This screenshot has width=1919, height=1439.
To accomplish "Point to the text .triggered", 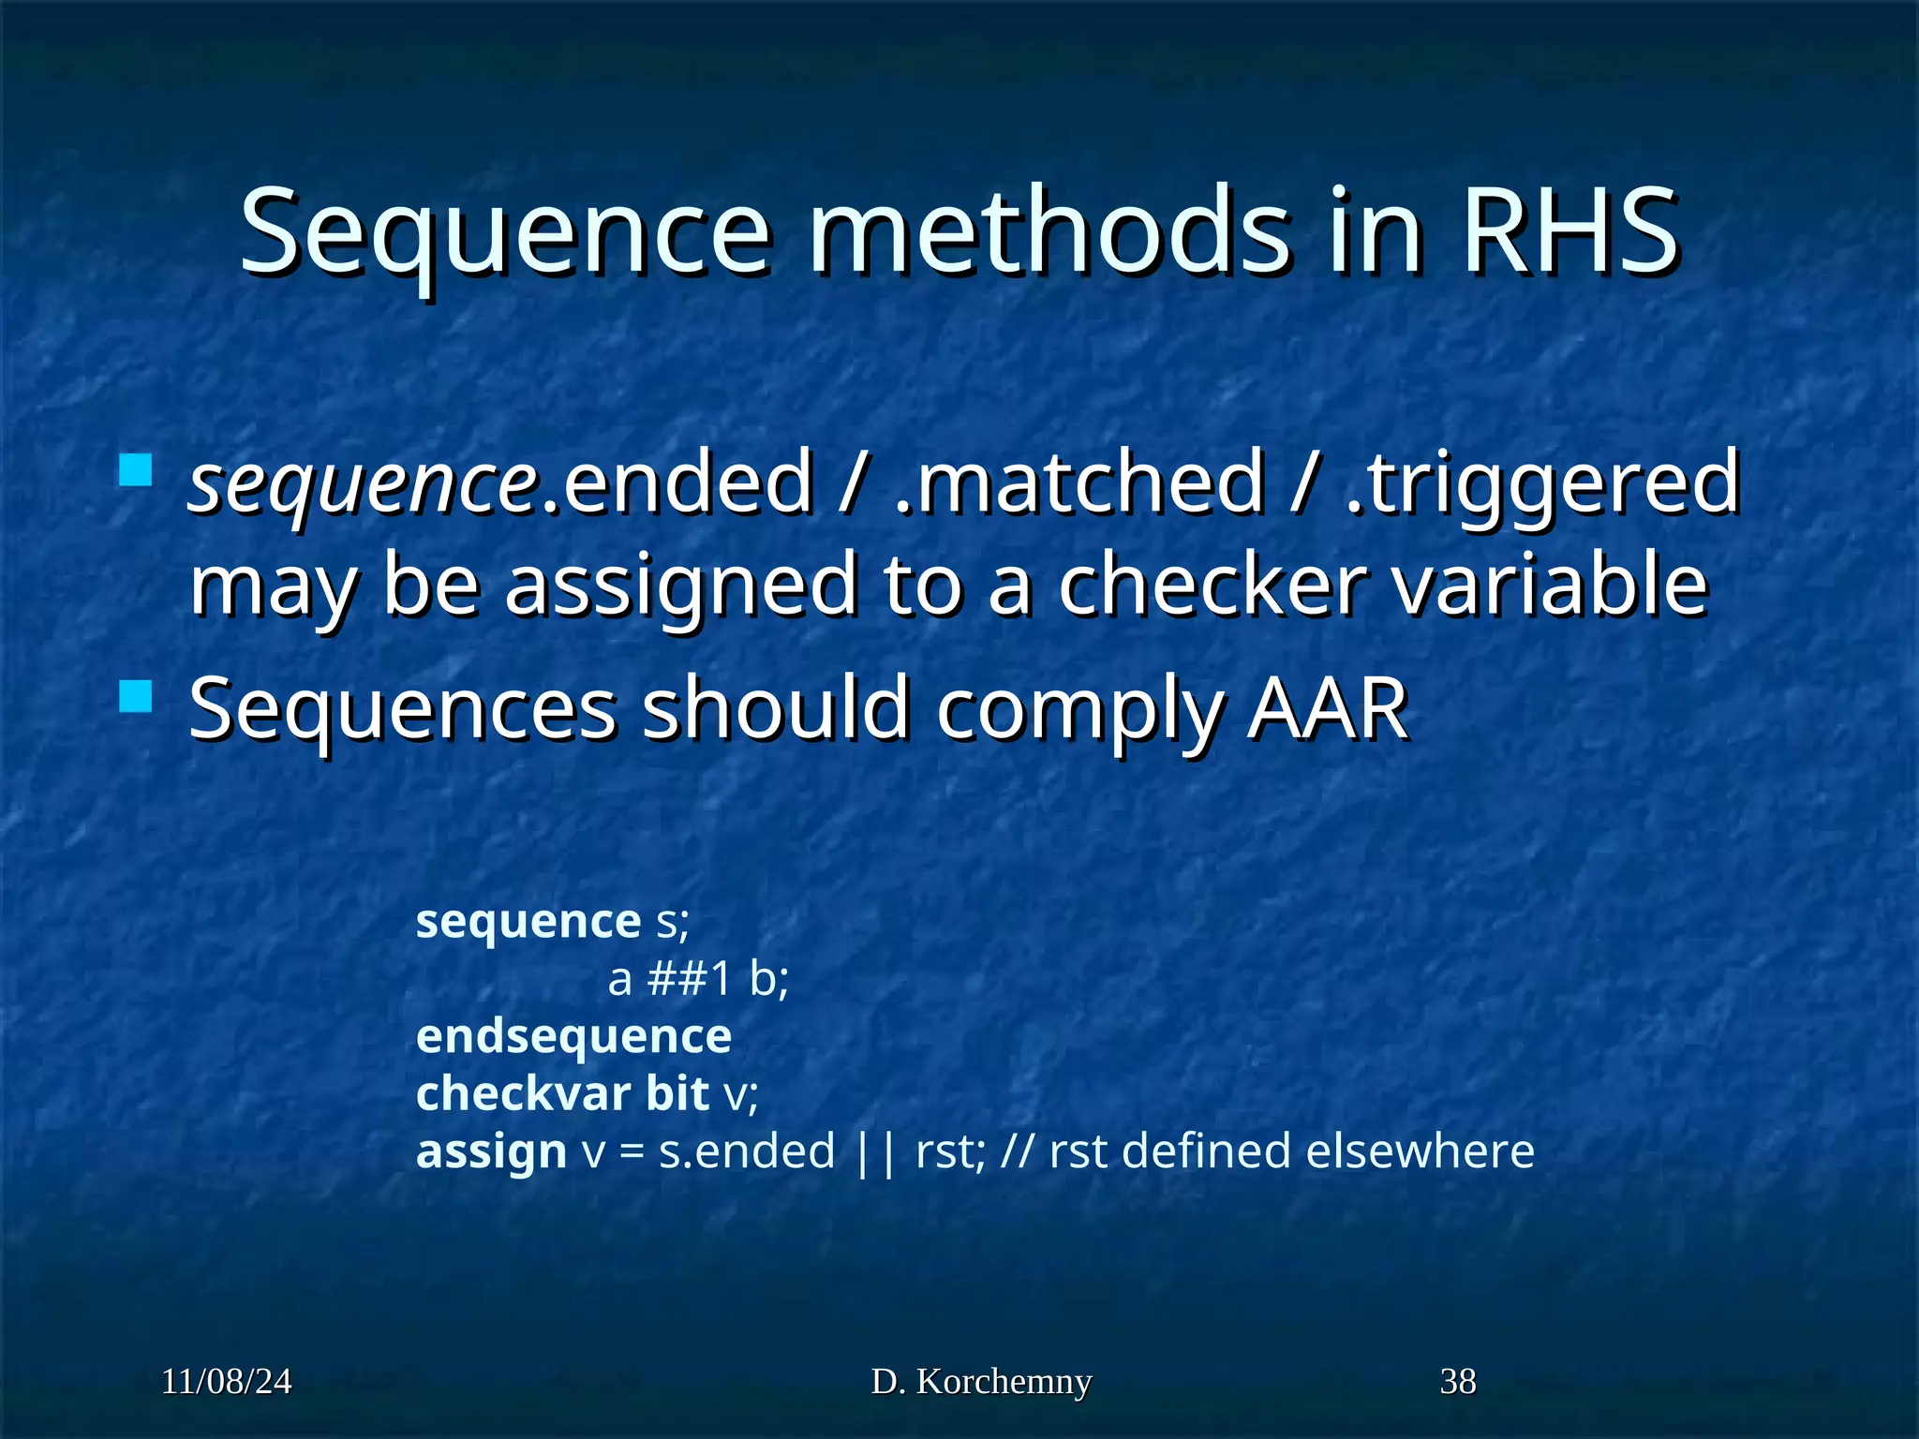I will pyautogui.click(x=1541, y=483).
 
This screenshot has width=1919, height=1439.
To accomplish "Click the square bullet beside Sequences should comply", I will pyautogui.click(x=137, y=696).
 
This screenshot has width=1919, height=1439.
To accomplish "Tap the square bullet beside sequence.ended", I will pyautogui.click(x=137, y=469).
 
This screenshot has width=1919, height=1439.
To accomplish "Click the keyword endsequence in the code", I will pyautogui.click(x=573, y=1037).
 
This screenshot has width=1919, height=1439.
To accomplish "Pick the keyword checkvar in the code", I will pyautogui.click(x=523, y=1093).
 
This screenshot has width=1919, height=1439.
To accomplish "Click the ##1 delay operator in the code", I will pyautogui.click(x=689, y=980).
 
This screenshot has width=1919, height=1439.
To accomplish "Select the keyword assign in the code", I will pyautogui.click(x=491, y=1151).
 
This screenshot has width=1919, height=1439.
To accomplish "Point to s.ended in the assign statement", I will pyautogui.click(x=746, y=1151).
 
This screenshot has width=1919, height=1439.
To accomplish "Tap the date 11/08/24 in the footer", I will pyautogui.click(x=227, y=1382).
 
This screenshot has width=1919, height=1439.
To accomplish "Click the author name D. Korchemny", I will pyautogui.click(x=981, y=1382).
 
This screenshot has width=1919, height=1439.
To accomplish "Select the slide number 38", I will pyautogui.click(x=1458, y=1382).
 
